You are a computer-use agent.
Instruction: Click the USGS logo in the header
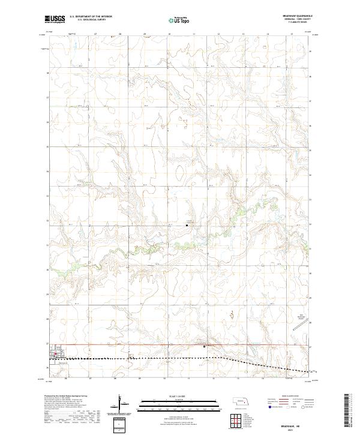click(x=55, y=19)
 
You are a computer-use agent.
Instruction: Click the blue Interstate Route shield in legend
click(x=270, y=407)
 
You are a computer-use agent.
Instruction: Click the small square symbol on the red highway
click(x=204, y=346)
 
